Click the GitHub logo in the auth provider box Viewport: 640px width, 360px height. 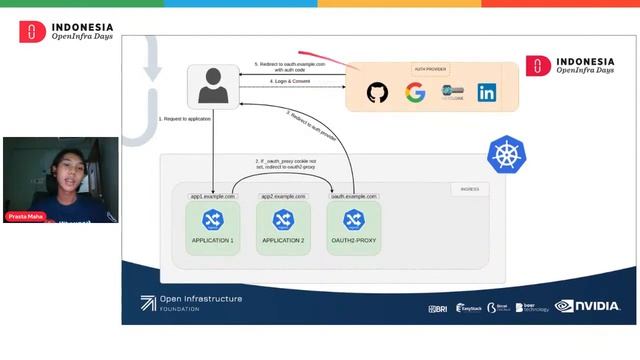(x=377, y=93)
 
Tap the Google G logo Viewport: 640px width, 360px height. (x=415, y=93)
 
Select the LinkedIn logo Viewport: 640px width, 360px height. (x=487, y=93)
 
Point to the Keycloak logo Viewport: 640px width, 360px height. (x=451, y=93)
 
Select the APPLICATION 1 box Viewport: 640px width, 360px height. (x=213, y=228)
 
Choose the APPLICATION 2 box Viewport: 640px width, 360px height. (x=282, y=228)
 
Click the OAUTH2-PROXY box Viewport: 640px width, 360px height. (x=352, y=228)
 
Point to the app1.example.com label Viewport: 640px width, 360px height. (x=213, y=197)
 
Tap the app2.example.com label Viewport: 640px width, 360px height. (x=282, y=197)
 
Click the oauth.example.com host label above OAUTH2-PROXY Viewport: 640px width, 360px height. (x=352, y=197)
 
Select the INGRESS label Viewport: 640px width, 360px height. (x=468, y=189)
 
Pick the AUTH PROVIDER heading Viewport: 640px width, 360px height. (x=431, y=69)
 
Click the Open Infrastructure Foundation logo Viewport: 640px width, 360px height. (x=191, y=302)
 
